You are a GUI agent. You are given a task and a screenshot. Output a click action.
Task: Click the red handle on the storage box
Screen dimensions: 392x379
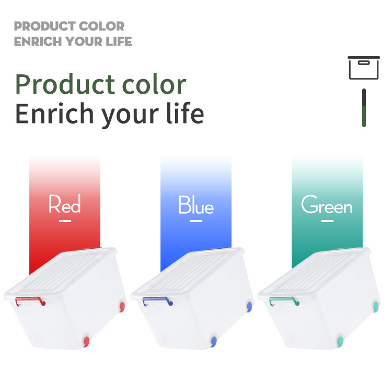(30, 298)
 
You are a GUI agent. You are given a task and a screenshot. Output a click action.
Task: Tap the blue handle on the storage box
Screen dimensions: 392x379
(157, 298)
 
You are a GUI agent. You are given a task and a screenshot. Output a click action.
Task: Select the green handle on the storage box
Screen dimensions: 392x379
(284, 298)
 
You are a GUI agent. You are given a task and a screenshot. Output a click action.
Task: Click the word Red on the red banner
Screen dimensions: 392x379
(64, 204)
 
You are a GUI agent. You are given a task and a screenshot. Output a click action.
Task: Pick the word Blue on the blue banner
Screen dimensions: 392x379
(196, 205)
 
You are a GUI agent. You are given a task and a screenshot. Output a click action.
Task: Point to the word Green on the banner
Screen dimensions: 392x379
(327, 204)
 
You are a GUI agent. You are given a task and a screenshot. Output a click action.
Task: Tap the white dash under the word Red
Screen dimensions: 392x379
(65, 221)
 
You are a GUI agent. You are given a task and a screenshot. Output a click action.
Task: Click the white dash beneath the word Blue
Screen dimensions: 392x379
(196, 221)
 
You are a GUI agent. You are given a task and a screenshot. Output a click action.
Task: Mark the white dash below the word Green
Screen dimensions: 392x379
(328, 221)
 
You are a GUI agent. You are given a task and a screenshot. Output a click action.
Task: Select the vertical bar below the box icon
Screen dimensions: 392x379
(364, 108)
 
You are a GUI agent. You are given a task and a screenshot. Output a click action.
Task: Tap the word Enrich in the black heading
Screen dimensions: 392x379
(54, 114)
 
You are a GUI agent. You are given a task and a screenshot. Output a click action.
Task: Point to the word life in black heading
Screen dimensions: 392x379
(185, 113)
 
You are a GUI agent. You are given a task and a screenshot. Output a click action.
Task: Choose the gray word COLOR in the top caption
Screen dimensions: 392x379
(102, 26)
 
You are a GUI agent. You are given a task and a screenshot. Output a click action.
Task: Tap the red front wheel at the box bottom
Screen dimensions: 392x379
(86, 341)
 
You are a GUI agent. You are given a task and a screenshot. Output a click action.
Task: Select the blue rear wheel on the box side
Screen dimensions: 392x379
(249, 307)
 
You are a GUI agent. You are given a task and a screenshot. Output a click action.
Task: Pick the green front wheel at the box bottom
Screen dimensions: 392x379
(340, 341)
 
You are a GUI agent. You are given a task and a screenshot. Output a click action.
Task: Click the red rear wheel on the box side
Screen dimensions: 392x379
(122, 307)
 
